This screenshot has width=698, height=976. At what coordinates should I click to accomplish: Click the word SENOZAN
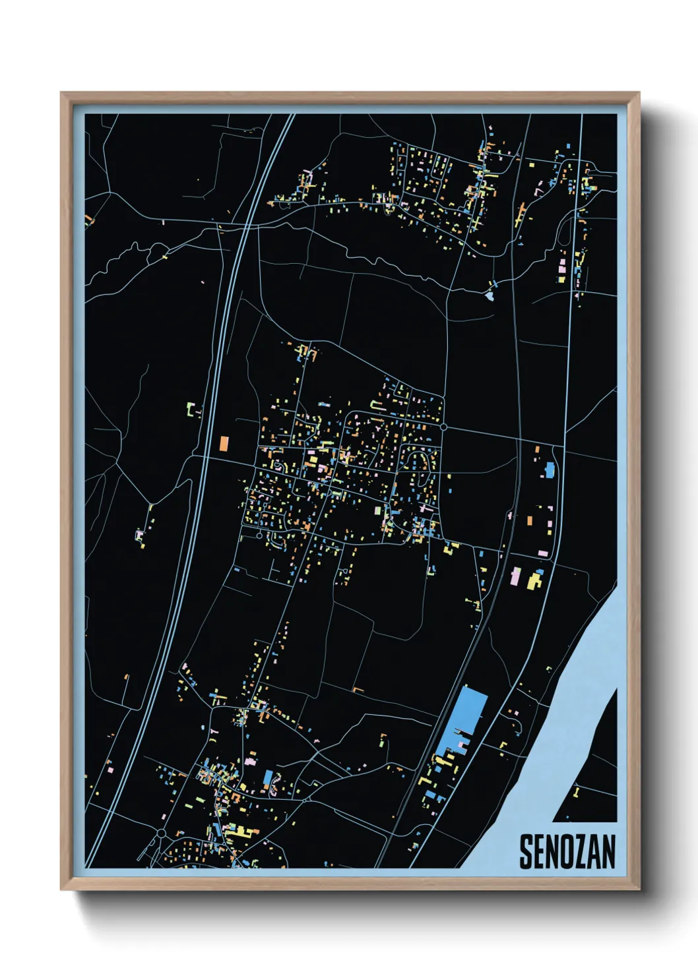[x=567, y=851]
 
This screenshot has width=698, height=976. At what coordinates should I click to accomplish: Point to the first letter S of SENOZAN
[x=526, y=851]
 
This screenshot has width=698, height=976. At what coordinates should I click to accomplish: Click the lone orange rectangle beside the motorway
[x=224, y=443]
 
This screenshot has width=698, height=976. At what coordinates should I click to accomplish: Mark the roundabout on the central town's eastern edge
[x=443, y=427]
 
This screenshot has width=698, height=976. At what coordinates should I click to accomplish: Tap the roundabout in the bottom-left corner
[x=162, y=834]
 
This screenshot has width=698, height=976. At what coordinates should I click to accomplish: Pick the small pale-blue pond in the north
[x=489, y=296]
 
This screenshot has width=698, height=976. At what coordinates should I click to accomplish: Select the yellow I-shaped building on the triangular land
[x=576, y=791]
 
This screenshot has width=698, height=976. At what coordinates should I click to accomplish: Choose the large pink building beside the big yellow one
[x=516, y=576]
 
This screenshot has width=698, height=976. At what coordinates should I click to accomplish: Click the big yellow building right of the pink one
[x=533, y=581]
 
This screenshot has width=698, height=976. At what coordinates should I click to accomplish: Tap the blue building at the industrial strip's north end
[x=549, y=470]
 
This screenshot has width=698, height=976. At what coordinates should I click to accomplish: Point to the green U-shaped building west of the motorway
[x=192, y=410]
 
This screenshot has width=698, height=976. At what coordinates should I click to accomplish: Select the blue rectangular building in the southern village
[x=268, y=778]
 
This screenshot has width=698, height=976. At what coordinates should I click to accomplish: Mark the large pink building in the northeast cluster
[x=562, y=266]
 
